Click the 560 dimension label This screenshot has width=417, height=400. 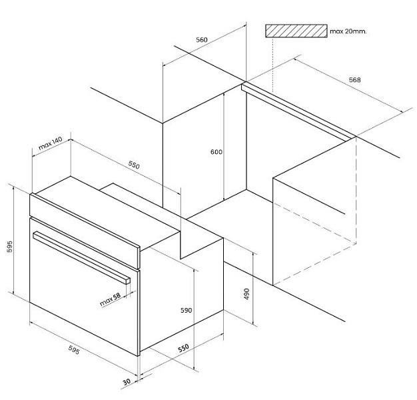202,39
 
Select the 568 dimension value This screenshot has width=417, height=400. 355,79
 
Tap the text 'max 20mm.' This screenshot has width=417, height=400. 348,31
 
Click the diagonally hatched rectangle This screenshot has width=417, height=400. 296,31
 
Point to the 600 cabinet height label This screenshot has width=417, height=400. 216,152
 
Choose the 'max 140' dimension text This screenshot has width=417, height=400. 50,143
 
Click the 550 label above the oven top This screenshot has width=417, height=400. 134,165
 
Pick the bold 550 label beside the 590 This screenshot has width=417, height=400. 183,348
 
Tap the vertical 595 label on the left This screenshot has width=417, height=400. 9,247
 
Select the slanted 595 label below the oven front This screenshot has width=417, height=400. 74,350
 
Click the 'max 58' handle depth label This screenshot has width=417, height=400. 111,299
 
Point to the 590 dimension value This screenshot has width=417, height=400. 186,310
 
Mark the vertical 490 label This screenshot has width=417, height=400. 246,294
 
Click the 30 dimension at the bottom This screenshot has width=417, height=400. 127,382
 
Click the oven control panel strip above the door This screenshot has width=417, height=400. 85,231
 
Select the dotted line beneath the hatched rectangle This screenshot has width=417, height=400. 273,65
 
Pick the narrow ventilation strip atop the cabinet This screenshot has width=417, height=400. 298,112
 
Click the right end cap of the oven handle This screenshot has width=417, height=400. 128,281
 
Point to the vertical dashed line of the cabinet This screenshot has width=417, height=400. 356,190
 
